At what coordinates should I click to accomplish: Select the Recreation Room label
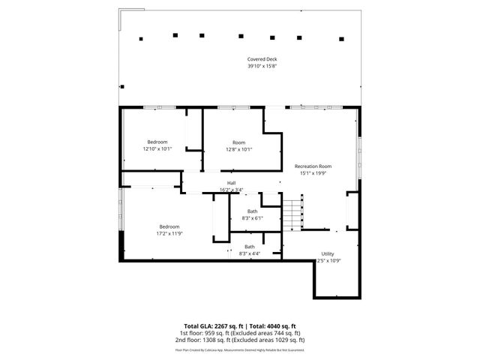tap(313, 166)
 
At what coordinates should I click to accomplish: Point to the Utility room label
tap(328, 253)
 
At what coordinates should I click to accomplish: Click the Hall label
tap(232, 182)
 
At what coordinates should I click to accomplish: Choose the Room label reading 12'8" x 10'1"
tap(238, 142)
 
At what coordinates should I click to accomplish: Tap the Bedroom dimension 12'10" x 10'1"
tap(157, 148)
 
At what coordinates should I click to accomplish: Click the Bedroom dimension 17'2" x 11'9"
tap(169, 233)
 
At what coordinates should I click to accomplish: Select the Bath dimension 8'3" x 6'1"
tap(252, 217)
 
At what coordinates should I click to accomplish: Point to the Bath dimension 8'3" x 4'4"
tap(249, 253)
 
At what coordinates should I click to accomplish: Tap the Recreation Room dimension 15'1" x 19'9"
tap(313, 172)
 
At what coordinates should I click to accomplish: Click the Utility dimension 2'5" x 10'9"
tap(328, 260)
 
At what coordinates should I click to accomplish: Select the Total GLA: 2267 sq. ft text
tap(209, 326)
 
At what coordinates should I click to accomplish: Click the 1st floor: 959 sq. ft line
tap(239, 333)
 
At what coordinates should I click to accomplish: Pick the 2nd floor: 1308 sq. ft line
tap(239, 340)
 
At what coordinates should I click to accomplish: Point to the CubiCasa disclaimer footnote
tap(239, 349)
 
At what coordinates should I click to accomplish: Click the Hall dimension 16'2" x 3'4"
tap(232, 189)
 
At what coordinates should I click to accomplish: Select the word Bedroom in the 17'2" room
tap(169, 226)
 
